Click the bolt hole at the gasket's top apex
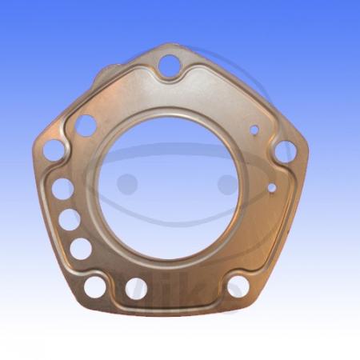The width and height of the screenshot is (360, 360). click(x=168, y=65)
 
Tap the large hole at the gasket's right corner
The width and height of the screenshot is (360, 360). click(x=284, y=151)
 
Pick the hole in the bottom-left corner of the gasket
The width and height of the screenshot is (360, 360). click(x=95, y=284)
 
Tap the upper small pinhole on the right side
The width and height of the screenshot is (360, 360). click(x=255, y=128)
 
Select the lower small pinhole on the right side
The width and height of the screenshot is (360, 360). click(x=271, y=188)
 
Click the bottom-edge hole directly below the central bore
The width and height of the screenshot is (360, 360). click(x=136, y=287)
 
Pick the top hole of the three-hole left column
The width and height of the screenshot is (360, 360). click(x=62, y=189)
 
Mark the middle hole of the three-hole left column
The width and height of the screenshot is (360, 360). click(x=70, y=219)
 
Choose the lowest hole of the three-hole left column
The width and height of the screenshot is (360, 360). click(x=80, y=248)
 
